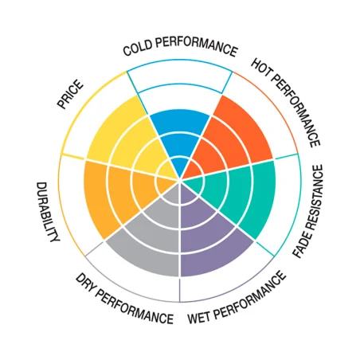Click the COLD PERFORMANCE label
coord(180,46)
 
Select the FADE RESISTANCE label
coord(308,211)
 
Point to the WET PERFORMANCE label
coord(237,298)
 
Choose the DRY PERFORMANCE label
coord(124,299)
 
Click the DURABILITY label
coord(47,212)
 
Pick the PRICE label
coord(70,95)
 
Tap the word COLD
coord(138,49)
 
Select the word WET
coord(199,317)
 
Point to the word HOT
coord(260,68)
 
